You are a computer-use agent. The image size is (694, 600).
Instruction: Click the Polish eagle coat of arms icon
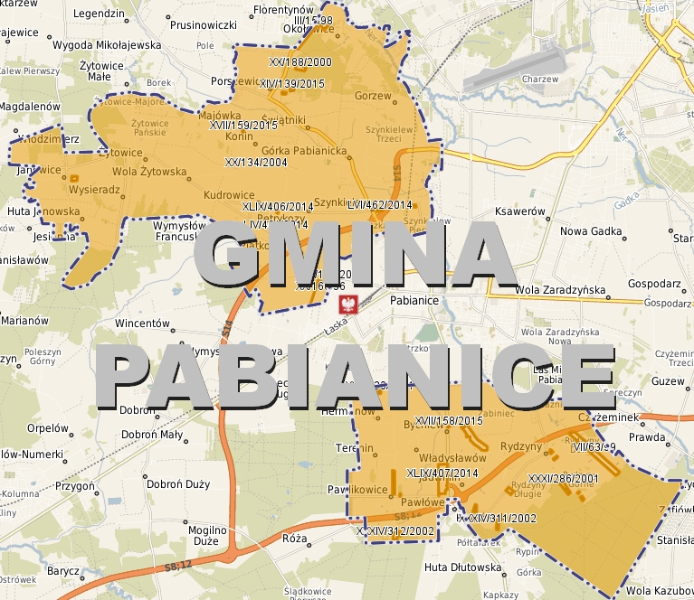coord(344,304)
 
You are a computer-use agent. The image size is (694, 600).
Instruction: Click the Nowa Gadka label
coord(592,231)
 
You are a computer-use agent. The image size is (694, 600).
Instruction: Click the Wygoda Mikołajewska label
coord(107,44)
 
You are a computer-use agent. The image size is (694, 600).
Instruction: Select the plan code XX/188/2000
coord(301,62)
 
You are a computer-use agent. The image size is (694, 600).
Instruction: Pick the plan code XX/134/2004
coord(256,163)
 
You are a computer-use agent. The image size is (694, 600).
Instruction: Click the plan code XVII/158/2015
coord(449,420)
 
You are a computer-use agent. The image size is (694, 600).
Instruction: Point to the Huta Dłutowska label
coord(462,567)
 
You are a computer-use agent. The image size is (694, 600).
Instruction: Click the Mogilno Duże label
coord(206,535)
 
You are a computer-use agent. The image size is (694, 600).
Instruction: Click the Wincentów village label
coord(143,323)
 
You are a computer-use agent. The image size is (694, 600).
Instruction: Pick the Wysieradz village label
coord(94,191)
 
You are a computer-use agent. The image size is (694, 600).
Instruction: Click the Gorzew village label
coord(373,96)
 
